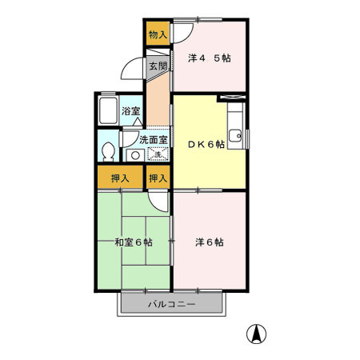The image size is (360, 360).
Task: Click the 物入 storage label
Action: (157, 34)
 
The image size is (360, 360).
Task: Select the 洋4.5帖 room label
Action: (210, 58)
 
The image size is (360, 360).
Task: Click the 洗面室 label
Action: (153, 139)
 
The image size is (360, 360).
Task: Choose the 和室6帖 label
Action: (133, 242)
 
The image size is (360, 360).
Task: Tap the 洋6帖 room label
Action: (209, 242)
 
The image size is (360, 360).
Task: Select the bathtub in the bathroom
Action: (108, 112)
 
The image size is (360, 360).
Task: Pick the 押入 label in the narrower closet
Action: (158, 178)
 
